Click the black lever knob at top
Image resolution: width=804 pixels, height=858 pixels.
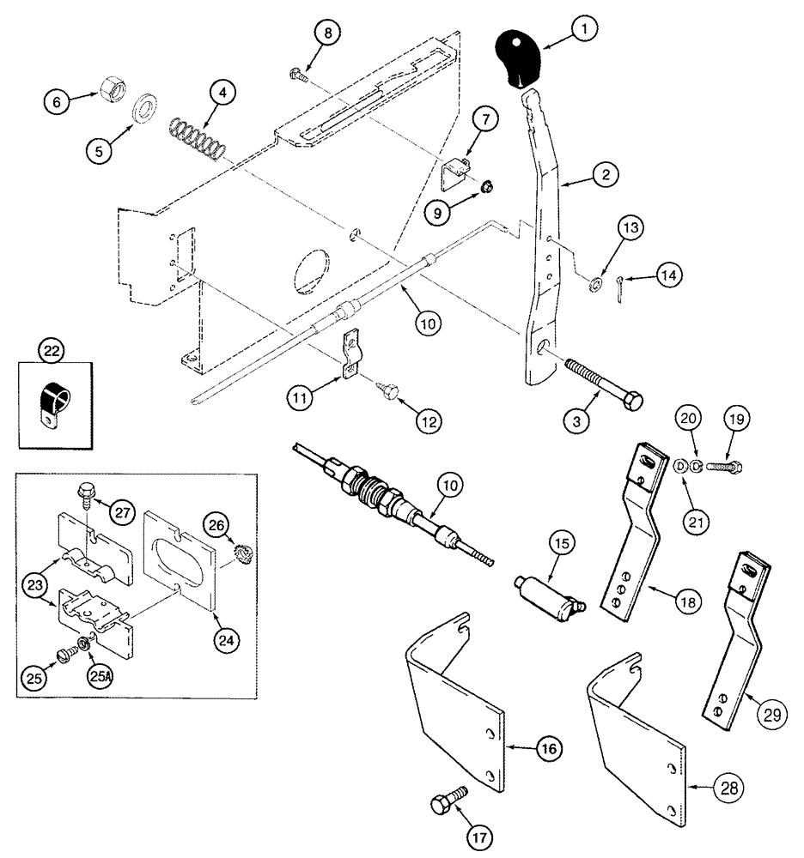coord(521,58)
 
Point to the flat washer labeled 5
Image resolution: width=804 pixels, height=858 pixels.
coord(143,110)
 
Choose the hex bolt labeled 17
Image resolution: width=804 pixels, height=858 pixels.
coord(446,804)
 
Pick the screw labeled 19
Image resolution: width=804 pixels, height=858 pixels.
coord(723,467)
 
